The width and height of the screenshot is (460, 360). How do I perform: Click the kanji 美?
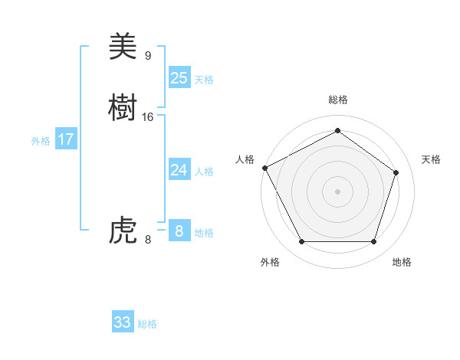point(123,47)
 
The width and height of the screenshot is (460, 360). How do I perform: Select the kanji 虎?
point(123,230)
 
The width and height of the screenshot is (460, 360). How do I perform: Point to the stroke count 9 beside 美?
point(148,56)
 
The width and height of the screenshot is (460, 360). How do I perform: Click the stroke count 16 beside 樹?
point(148,117)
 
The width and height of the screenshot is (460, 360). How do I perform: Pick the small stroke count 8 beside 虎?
point(148,239)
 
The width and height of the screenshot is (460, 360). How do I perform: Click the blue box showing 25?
point(179,77)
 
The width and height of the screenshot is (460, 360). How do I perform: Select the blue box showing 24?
point(179,169)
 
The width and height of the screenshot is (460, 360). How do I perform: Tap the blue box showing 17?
point(65,139)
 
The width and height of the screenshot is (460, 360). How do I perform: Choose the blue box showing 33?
point(123,322)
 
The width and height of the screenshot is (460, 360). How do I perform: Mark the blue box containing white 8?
point(179,231)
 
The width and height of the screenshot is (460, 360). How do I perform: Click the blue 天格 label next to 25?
point(204,80)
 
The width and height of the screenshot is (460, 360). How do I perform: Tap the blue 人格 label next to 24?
point(204,172)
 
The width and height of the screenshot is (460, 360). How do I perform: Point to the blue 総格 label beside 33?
point(147,324)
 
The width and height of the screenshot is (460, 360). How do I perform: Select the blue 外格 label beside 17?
point(41,142)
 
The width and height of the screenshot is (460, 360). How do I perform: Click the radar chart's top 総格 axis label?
point(337,100)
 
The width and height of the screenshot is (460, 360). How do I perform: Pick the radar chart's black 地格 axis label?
point(402,262)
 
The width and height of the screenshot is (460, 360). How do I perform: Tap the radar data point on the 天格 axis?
point(396,172)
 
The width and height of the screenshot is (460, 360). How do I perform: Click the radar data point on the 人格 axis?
point(264,168)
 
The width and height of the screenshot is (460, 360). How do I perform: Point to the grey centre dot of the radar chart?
point(337,191)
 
